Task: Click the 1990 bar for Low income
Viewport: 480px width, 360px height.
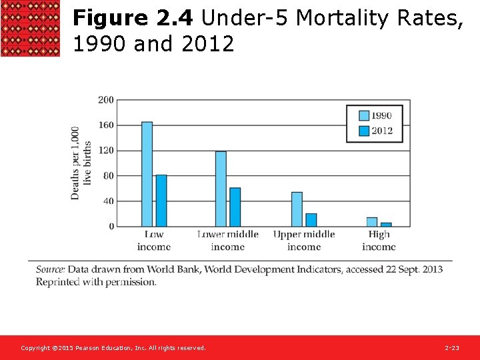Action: pos(147,175)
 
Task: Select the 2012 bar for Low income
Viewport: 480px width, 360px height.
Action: pos(161,201)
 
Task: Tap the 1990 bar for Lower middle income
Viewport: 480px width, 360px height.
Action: pos(221,189)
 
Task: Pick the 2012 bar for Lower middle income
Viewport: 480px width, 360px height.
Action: pos(235,207)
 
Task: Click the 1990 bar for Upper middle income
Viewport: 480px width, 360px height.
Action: pos(297,209)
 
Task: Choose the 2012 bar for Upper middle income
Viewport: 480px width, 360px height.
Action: pos(311,220)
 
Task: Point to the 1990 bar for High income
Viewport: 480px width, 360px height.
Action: pos(372,222)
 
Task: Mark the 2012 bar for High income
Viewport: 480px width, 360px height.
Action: pos(386,225)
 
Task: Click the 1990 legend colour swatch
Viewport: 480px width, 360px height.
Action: pos(363,115)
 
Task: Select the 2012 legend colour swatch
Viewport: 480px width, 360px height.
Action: pos(363,131)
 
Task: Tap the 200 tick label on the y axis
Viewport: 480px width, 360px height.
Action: pos(106,100)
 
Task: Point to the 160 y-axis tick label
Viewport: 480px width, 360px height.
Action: pos(106,125)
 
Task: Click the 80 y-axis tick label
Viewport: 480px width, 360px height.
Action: pos(108,176)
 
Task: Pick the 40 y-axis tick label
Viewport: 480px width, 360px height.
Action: pos(108,201)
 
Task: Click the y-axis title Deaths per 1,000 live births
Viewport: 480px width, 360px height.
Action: pos(81,163)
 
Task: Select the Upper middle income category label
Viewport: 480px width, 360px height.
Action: pos(304,241)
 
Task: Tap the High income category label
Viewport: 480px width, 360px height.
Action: pos(379,241)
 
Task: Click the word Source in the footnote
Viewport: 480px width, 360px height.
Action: pos(50,269)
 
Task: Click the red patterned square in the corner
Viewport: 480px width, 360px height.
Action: pos(30,29)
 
